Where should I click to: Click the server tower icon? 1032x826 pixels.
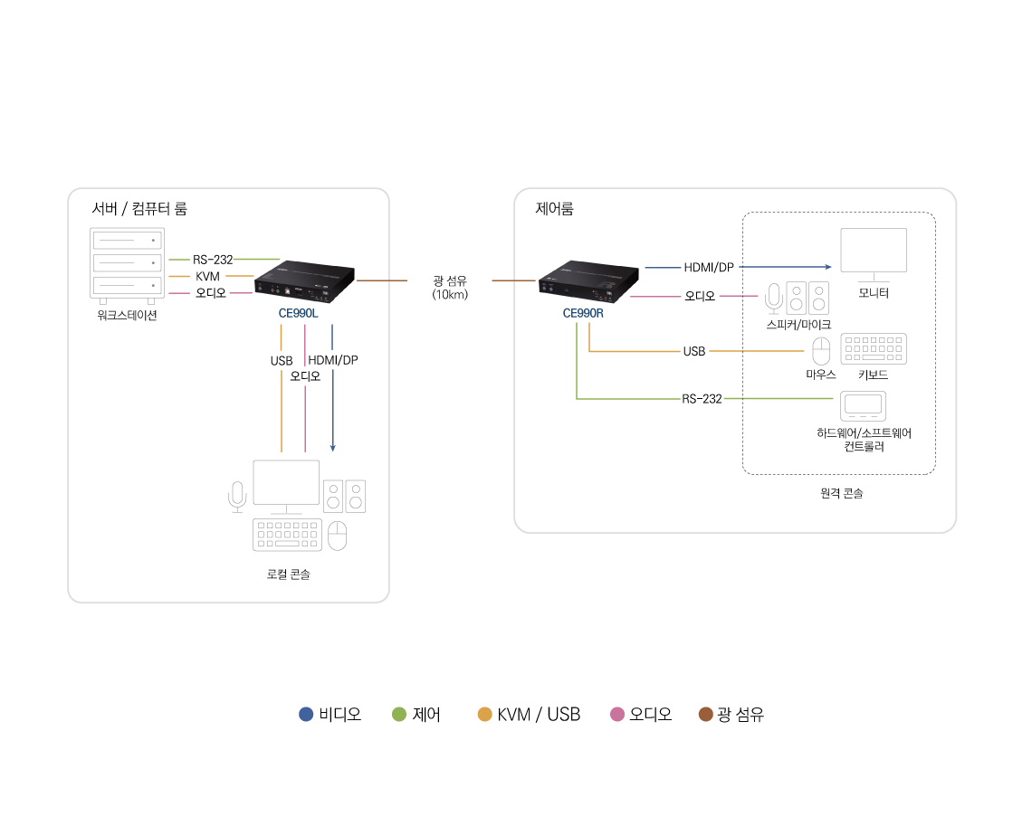tap(127, 264)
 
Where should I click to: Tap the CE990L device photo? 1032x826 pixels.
tap(305, 280)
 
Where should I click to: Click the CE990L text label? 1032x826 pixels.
tap(298, 313)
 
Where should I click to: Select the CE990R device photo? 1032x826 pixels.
tap(589, 280)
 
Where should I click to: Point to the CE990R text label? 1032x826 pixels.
tap(583, 313)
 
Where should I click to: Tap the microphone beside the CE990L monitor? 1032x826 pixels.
tap(237, 496)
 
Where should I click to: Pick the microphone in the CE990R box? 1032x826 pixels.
tap(774, 298)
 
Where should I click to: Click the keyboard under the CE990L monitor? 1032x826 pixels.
tap(287, 535)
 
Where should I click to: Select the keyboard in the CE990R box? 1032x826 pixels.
tap(874, 349)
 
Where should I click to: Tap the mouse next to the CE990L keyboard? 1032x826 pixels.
tap(337, 536)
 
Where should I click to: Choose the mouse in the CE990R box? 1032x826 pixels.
tap(821, 351)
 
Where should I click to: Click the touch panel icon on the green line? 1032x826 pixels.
tap(863, 406)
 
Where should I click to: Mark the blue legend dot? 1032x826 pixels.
tap(306, 715)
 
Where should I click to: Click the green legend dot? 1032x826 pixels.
tap(399, 715)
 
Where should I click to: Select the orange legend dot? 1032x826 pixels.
tap(485, 715)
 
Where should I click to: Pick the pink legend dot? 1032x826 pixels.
tap(617, 715)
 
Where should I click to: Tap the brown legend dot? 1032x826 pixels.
tap(706, 715)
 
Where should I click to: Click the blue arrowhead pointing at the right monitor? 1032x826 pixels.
tap(828, 267)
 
